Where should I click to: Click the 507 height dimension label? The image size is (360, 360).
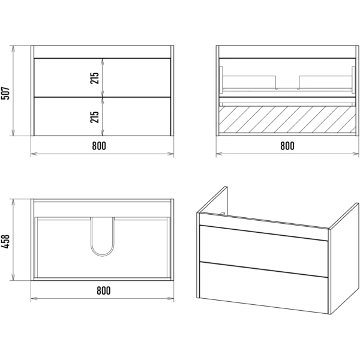coord(5,93)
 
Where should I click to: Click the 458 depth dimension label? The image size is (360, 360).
coord(5,241)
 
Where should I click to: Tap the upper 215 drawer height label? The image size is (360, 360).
coord(95,78)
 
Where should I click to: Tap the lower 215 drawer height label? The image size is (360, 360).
coord(95,117)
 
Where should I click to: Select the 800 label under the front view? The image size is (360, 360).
coord(99,146)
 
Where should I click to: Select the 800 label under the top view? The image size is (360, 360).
coord(104,290)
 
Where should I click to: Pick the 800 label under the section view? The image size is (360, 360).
coord(287,146)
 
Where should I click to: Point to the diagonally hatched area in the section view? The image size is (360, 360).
coord(287,119)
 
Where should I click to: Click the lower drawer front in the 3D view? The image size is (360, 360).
coord(263,287)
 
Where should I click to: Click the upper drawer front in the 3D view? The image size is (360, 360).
coord(263,251)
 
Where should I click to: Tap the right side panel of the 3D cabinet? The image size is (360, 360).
coord(344,258)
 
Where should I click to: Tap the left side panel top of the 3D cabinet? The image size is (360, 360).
coord(212,200)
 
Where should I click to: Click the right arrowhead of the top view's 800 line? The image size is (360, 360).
coord(170,298)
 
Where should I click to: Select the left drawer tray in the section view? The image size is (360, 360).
coord(250,82)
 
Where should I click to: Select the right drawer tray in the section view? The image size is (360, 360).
coord(325,82)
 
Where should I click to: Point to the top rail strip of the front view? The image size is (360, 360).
coord(102,52)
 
